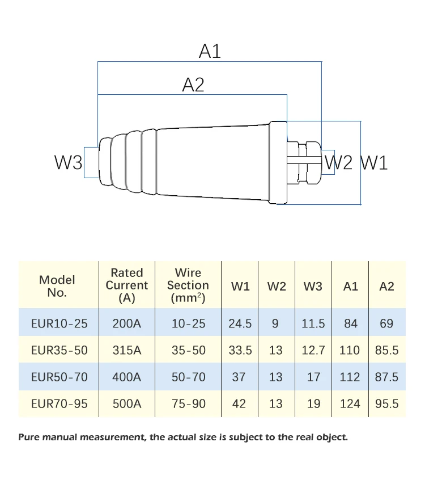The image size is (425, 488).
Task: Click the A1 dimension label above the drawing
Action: click(x=210, y=52)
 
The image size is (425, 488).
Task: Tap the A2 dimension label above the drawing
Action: click(x=193, y=85)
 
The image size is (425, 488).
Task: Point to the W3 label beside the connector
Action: click(x=68, y=163)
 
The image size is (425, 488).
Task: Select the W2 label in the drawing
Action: click(x=340, y=163)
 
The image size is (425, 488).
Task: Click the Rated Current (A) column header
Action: click(x=127, y=285)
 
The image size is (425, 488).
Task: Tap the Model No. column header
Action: click(x=57, y=286)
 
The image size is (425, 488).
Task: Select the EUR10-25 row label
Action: click(x=59, y=323)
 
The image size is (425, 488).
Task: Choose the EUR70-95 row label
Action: click(x=59, y=404)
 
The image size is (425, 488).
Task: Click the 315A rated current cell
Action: click(x=127, y=350)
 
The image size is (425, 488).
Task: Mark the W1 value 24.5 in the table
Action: click(x=240, y=323)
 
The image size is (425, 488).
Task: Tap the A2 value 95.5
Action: click(x=386, y=404)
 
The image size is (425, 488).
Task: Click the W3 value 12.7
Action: click(x=313, y=350)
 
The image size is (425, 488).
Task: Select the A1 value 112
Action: click(x=350, y=377)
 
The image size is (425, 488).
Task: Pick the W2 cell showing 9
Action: click(x=276, y=323)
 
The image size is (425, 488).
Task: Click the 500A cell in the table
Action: click(x=127, y=404)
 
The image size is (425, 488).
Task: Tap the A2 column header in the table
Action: click(x=386, y=286)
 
